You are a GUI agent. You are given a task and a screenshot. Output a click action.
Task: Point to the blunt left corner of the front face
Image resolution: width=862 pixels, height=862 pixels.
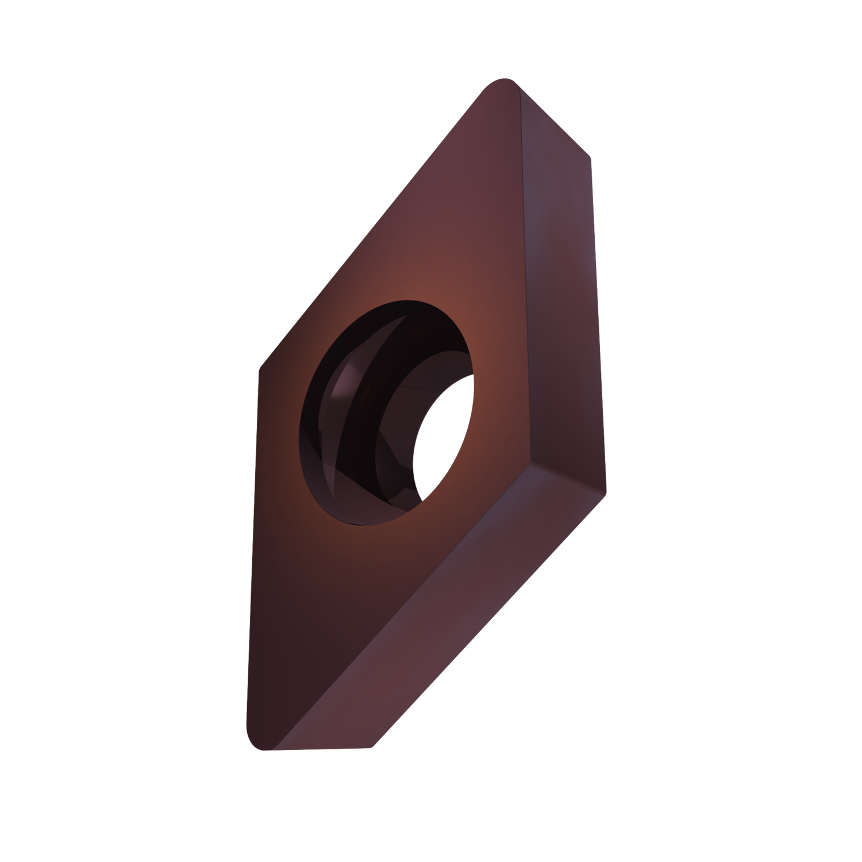pyautogui.click(x=261, y=368)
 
